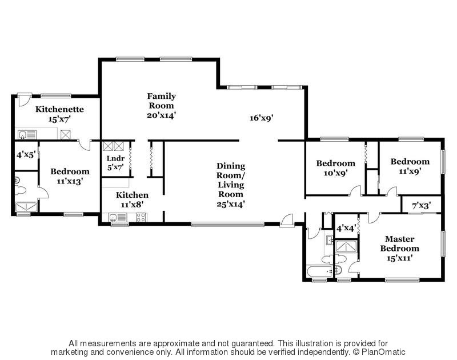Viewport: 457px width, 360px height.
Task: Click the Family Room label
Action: coord(162,101)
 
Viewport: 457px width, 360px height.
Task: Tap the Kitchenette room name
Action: coord(59,109)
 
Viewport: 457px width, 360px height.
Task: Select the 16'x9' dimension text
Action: coord(261,118)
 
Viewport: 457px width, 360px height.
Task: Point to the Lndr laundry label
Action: coord(115,158)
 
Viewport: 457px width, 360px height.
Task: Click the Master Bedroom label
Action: coord(399,243)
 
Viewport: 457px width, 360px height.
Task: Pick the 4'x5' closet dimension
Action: coord(26,154)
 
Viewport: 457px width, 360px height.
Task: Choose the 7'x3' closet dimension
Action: coord(422,206)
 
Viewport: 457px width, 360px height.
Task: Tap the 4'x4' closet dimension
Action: coord(346,228)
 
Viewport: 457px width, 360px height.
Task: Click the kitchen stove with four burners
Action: coord(141,217)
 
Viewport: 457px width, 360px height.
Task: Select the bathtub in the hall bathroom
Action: coord(320,271)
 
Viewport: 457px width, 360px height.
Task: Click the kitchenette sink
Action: coord(27,135)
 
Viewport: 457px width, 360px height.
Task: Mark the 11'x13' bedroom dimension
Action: coord(70,181)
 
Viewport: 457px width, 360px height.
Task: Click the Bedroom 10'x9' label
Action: coord(336,168)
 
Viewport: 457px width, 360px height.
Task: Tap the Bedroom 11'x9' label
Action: coord(410,166)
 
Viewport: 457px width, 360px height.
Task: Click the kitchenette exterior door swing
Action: coord(24,99)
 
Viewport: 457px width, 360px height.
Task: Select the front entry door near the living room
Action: coord(287,221)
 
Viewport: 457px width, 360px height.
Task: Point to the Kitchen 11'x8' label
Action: coord(132,199)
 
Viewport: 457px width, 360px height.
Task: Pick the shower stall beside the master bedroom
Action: coord(346,247)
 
